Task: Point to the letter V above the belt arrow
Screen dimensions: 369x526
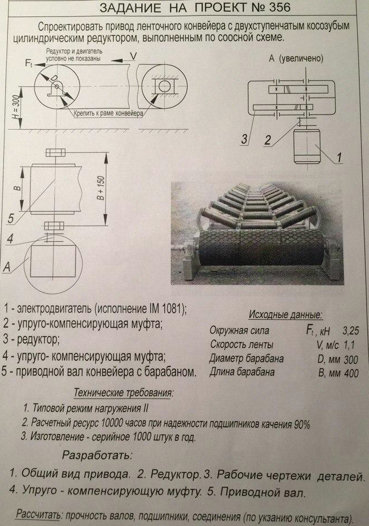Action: [x=133, y=55]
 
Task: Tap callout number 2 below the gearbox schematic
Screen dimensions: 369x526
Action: [x=269, y=139]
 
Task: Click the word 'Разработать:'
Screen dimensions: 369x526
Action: [x=97, y=454]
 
